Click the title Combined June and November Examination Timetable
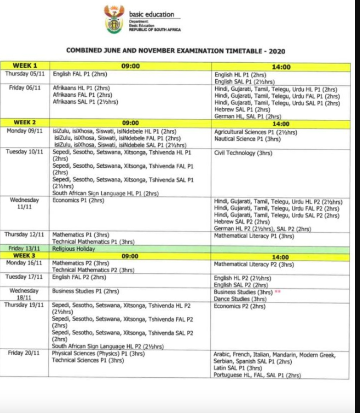(x=176, y=51)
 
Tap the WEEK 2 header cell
(x=25, y=122)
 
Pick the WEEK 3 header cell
(x=25, y=256)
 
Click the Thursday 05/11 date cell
(x=25, y=73)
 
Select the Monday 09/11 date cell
(x=25, y=131)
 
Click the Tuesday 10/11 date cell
(x=25, y=152)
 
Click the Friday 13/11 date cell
(x=25, y=249)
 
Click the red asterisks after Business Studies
(x=278, y=292)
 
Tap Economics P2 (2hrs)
(x=239, y=306)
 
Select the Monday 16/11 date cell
(x=25, y=263)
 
